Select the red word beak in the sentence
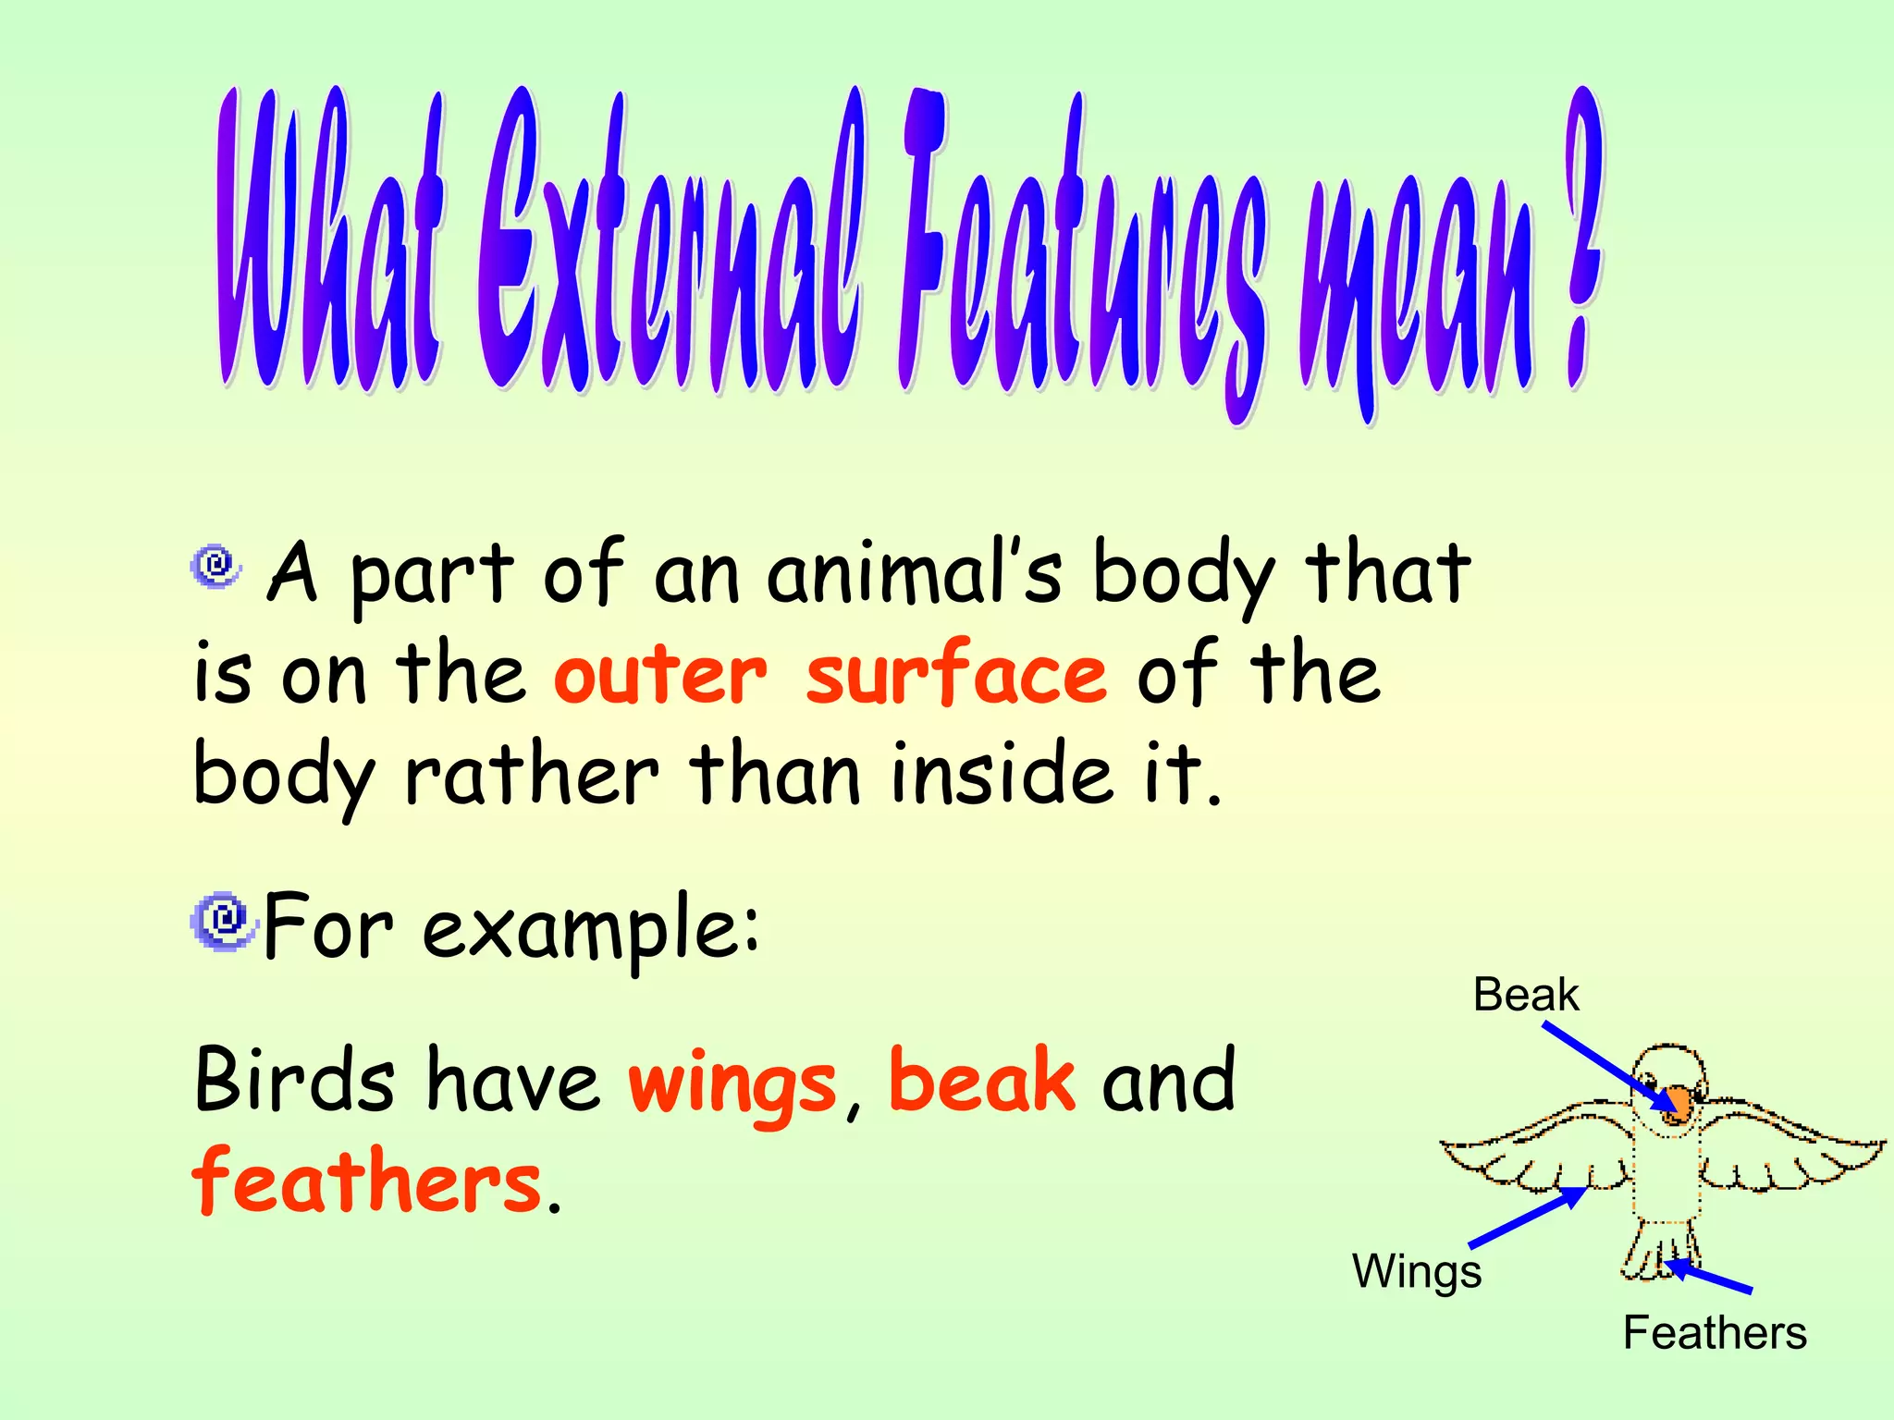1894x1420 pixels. (982, 1079)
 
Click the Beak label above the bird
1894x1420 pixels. (1526, 995)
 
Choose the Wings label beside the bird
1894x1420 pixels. (1417, 1271)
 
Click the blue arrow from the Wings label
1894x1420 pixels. (1527, 1217)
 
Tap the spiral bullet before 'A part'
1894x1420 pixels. (215, 565)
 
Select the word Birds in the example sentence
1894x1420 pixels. (295, 1081)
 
